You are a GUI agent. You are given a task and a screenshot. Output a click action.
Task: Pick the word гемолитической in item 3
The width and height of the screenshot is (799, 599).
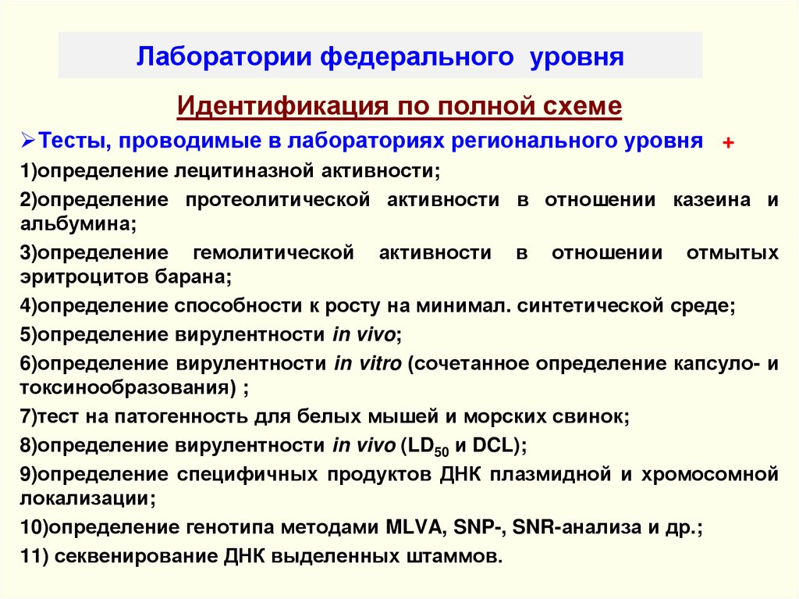pyautogui.click(x=269, y=253)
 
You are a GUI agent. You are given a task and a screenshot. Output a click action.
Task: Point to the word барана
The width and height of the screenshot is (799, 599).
pyautogui.click(x=197, y=276)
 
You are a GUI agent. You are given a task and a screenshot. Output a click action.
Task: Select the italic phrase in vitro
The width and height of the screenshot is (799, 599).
pyautogui.click(x=368, y=363)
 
